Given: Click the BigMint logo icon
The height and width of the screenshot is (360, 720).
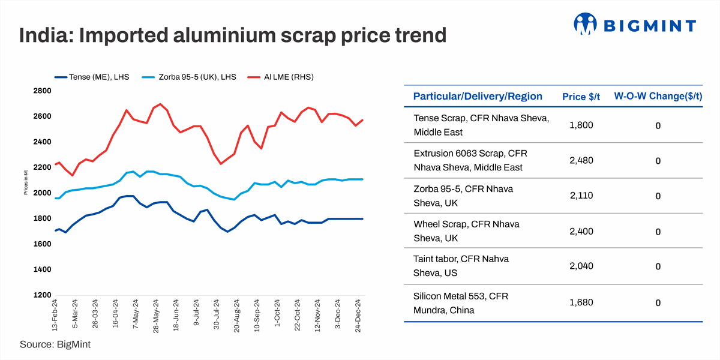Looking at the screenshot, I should click(586, 25).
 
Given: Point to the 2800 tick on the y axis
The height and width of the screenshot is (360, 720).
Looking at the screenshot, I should click(43, 91).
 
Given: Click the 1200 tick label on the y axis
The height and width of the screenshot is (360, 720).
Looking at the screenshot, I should click(43, 295).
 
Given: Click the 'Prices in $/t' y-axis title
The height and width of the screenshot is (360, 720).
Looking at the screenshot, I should click(26, 192).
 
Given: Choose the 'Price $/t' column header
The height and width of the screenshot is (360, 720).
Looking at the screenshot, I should click(581, 97).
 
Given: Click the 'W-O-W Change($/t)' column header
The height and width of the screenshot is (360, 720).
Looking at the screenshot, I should click(658, 97).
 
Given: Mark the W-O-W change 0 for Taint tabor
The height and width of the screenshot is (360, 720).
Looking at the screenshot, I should click(658, 266).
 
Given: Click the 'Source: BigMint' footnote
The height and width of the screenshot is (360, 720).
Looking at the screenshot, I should click(55, 344).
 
